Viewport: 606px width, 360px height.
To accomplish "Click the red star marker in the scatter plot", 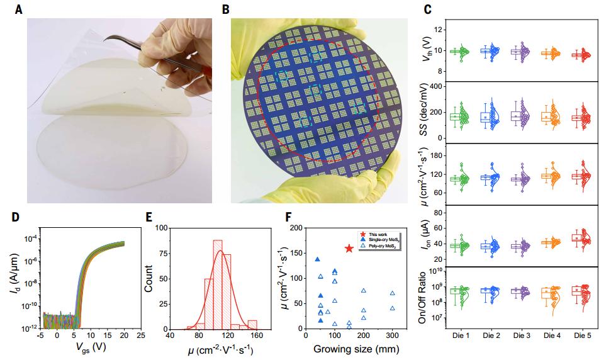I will click(x=349, y=249).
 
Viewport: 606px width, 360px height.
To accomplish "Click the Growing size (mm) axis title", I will click(x=354, y=351).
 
